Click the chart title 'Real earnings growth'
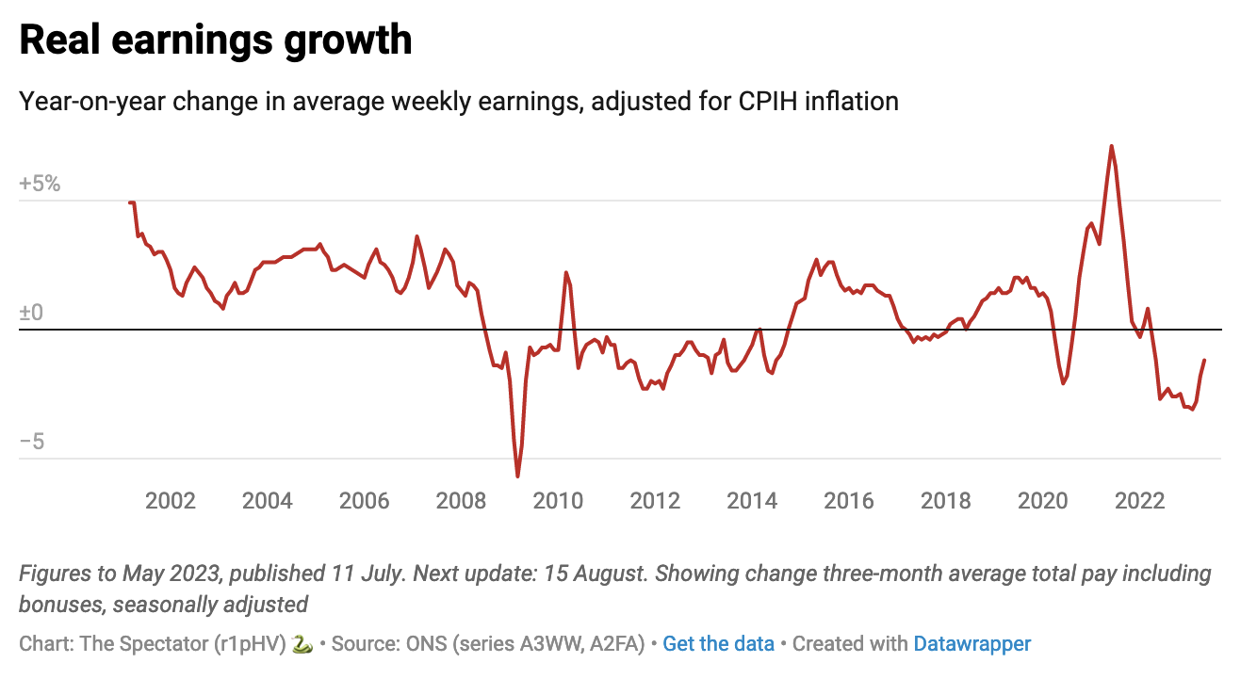pos(215,40)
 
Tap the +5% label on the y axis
pos(40,184)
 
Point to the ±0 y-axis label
pos(31,313)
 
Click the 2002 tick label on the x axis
pos(171,500)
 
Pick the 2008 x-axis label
pos(462,500)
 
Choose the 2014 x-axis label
pos(752,500)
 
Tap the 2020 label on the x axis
pos(1043,500)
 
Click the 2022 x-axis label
pos(1140,500)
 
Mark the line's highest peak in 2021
pos(1111,146)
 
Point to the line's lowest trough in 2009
pos(517,477)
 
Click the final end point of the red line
pos(1204,361)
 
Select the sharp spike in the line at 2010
pos(566,272)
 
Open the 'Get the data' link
pos(718,644)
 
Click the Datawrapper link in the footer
pos(971,644)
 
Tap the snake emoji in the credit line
pos(302,644)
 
